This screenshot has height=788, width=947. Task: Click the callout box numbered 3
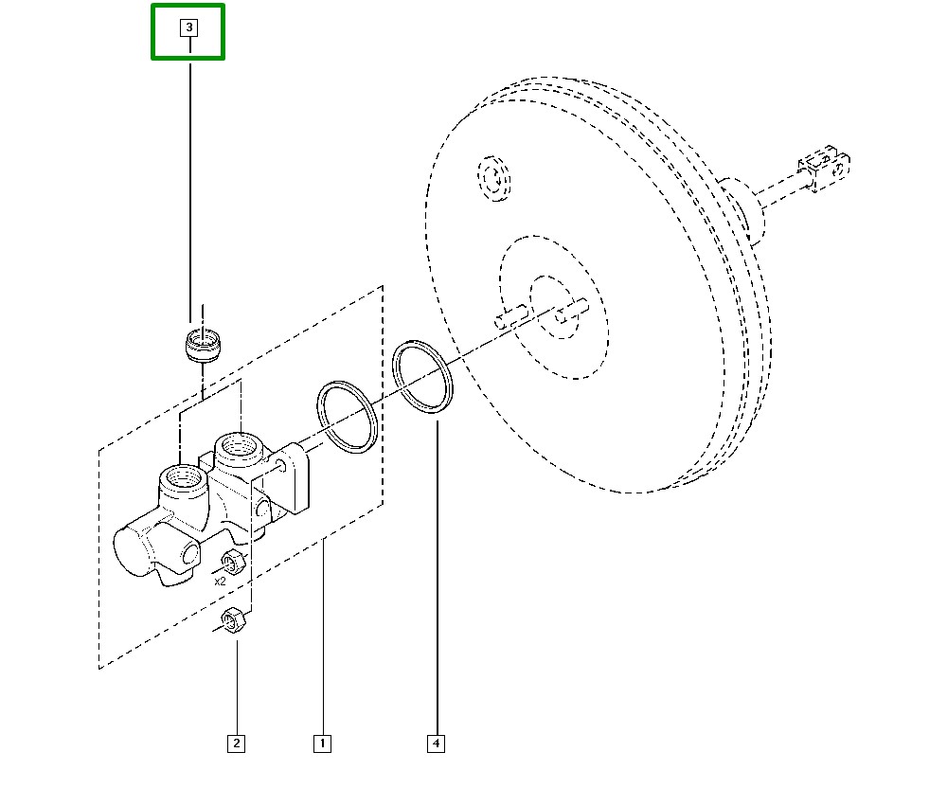click(189, 27)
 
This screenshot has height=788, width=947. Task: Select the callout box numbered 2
click(236, 743)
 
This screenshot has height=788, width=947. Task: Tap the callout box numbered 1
click(323, 743)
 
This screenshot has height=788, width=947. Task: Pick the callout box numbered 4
click(436, 743)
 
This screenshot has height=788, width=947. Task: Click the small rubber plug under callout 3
click(203, 346)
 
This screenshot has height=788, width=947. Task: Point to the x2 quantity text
click(220, 582)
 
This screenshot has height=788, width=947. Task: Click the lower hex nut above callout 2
click(233, 620)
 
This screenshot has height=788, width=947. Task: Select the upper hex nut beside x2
click(233, 563)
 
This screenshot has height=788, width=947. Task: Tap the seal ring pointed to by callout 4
click(422, 377)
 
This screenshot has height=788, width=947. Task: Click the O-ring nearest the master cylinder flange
click(348, 418)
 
